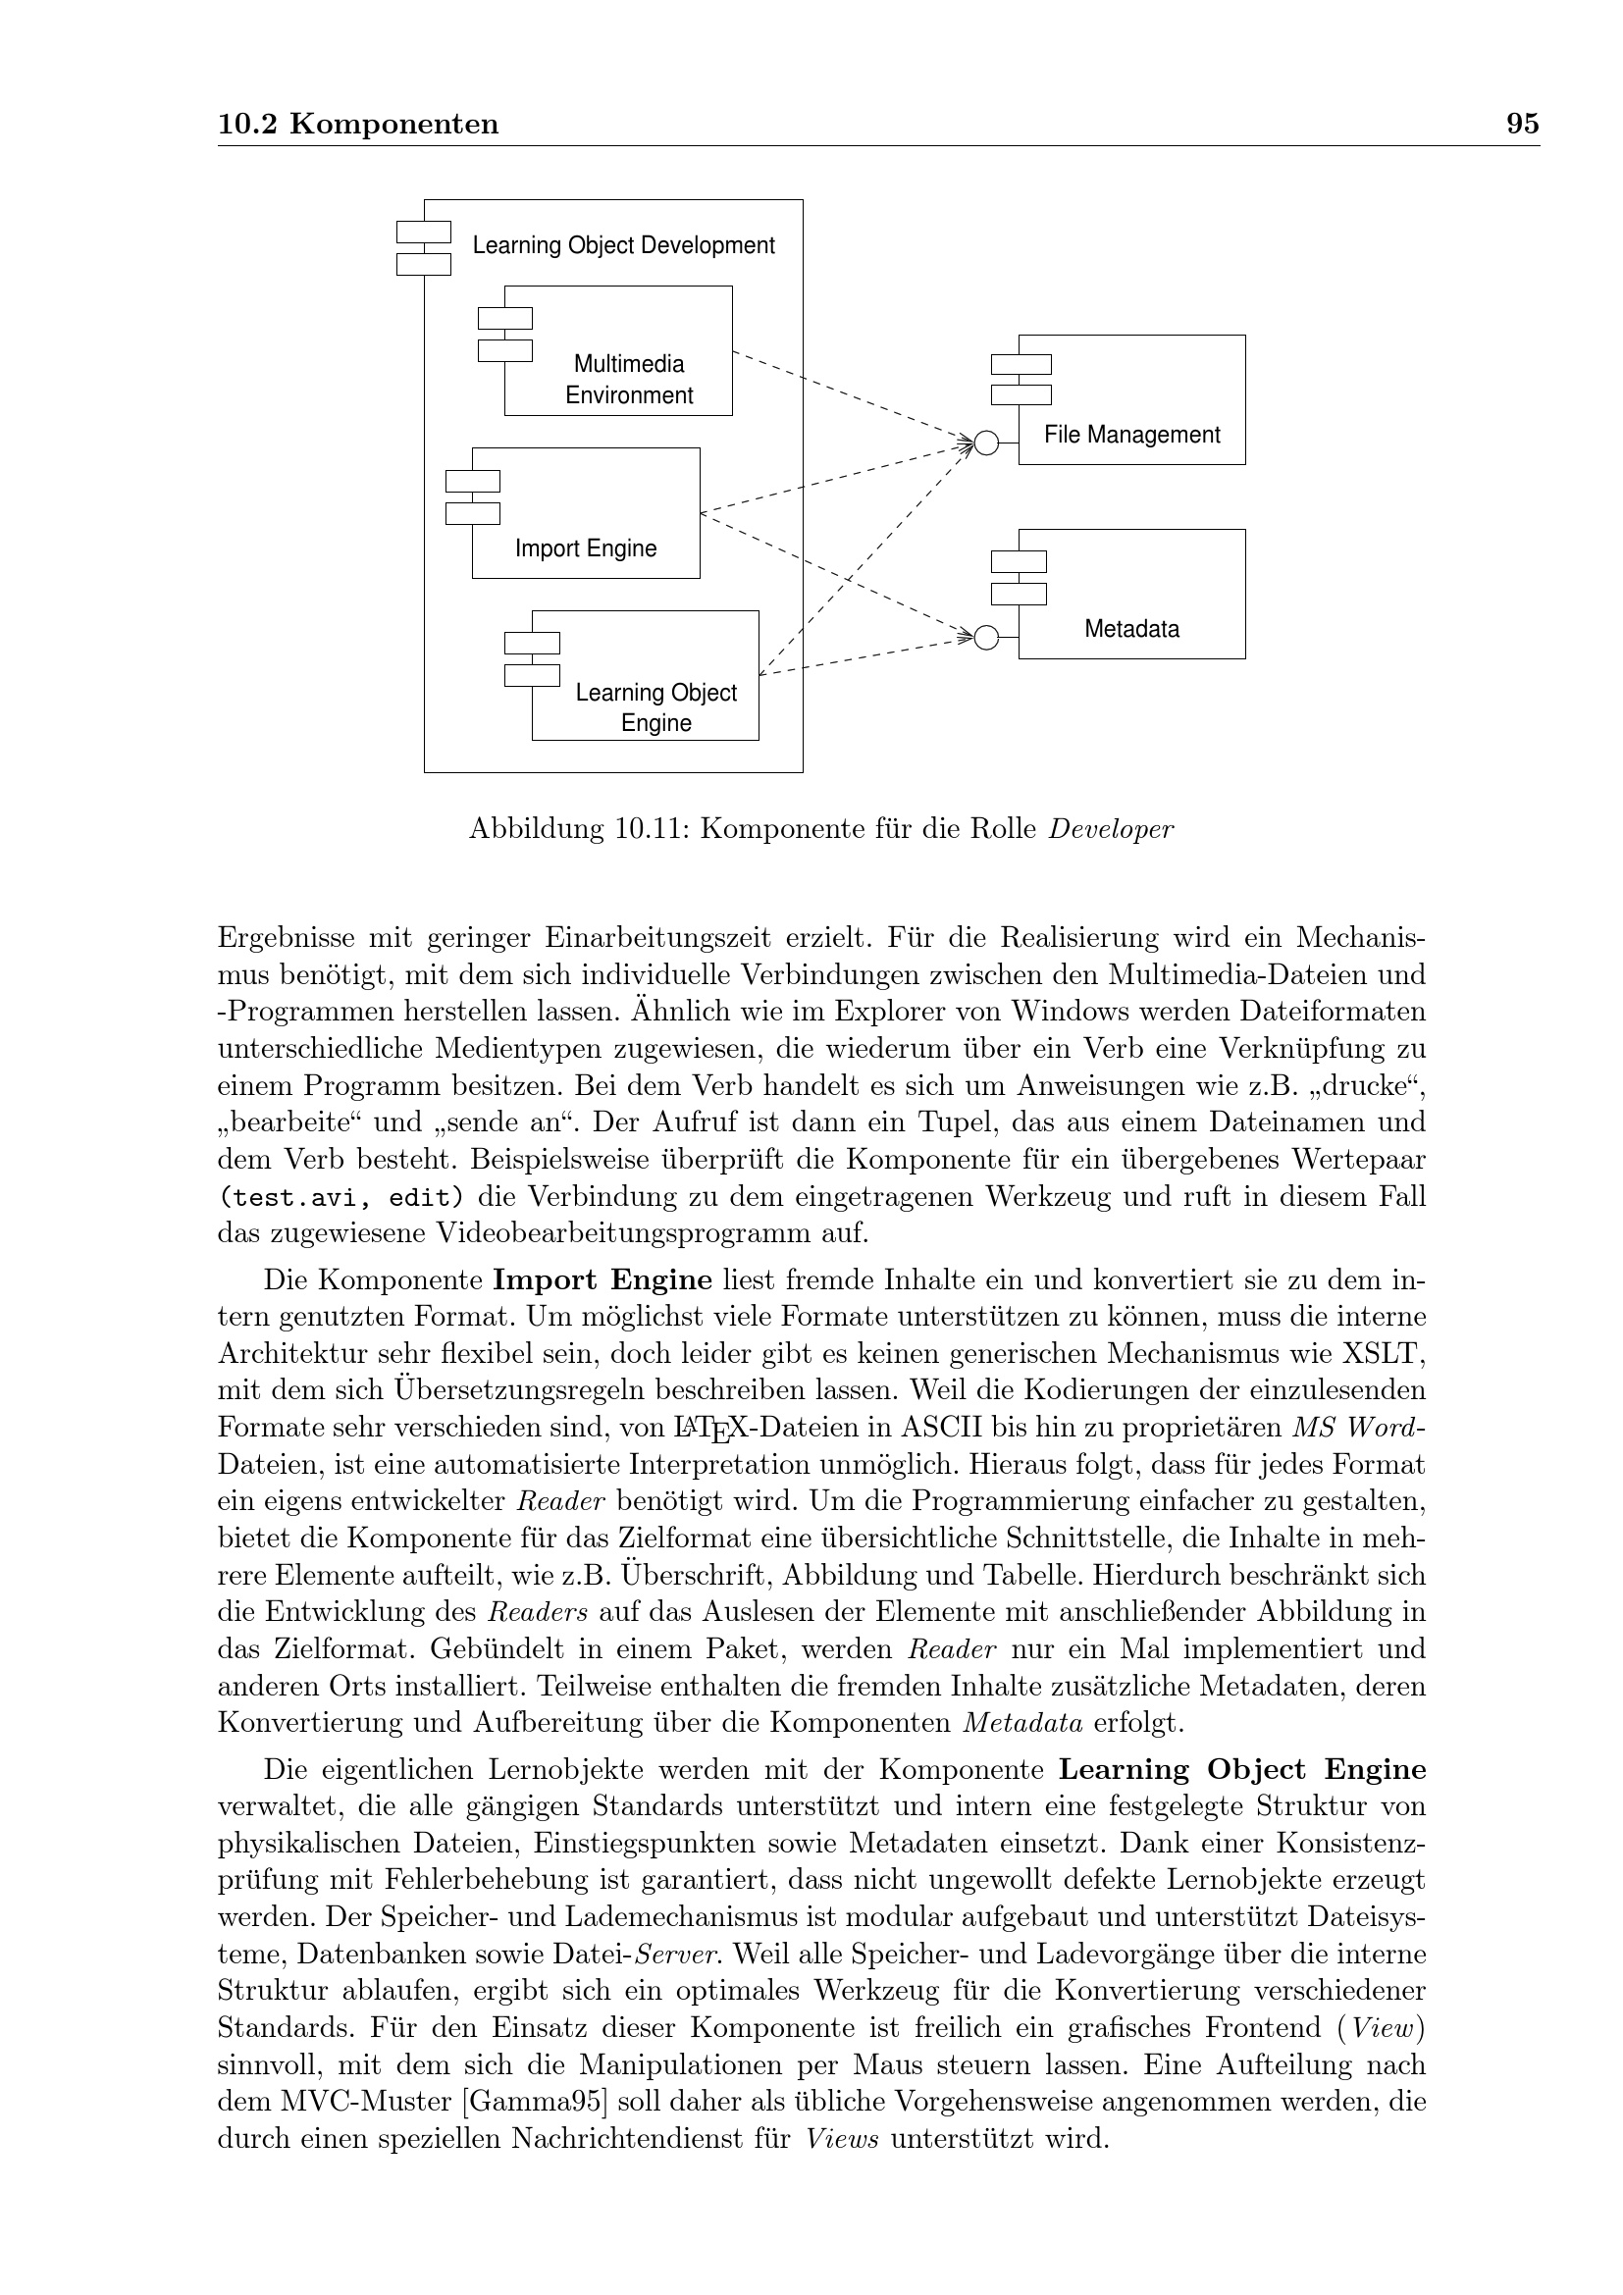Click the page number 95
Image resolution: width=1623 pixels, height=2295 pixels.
tap(1522, 124)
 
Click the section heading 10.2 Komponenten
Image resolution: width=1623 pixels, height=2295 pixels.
tap(358, 124)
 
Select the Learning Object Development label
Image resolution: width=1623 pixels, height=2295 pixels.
tap(623, 246)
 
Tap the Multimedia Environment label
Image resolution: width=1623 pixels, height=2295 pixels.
tap(629, 380)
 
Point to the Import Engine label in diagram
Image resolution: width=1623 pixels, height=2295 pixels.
tap(586, 548)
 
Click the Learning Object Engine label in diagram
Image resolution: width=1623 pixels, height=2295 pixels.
tap(655, 707)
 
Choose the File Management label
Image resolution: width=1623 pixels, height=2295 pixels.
tap(1131, 435)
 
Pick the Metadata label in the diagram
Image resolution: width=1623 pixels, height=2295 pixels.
tap(1131, 629)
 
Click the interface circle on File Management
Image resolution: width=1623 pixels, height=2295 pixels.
tap(985, 443)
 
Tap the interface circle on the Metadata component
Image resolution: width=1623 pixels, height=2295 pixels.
tap(985, 638)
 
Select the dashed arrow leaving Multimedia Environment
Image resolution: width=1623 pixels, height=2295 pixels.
tap(850, 395)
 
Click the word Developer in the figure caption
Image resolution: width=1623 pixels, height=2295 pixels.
tap(1111, 830)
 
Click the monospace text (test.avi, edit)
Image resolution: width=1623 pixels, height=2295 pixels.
tap(340, 1197)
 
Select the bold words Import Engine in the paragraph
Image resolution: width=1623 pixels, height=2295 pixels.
tap(602, 1280)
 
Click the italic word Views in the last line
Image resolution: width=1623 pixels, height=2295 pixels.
tap(842, 2139)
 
